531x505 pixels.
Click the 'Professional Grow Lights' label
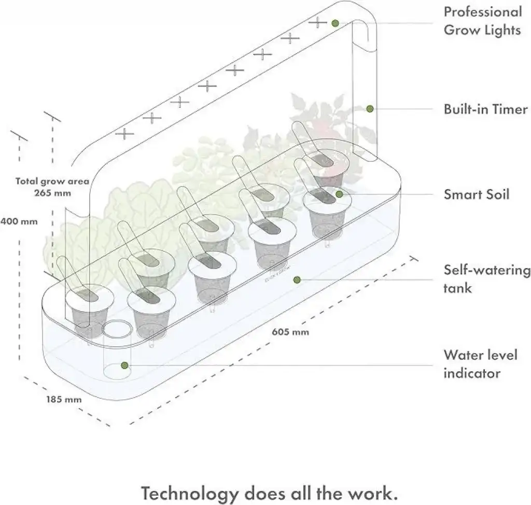tap(482, 21)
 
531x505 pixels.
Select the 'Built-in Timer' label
tap(485, 109)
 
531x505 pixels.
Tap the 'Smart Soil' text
tap(477, 194)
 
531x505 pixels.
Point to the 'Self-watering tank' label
tap(487, 279)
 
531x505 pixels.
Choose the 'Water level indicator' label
tap(481, 364)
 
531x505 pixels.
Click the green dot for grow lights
tap(335, 23)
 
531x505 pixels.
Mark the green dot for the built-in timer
tap(370, 109)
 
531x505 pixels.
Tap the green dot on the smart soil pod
tap(339, 194)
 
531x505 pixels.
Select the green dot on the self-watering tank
tap(297, 280)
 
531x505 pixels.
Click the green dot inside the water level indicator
tap(124, 365)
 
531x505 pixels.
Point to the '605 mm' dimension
tap(290, 332)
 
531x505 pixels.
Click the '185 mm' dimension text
tap(64, 399)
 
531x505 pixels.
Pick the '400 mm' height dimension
tap(19, 221)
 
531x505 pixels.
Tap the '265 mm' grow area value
tap(52, 193)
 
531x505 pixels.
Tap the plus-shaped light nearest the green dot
tap(317, 22)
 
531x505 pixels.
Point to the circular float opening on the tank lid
tap(117, 329)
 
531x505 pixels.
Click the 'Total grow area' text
tap(52, 181)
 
